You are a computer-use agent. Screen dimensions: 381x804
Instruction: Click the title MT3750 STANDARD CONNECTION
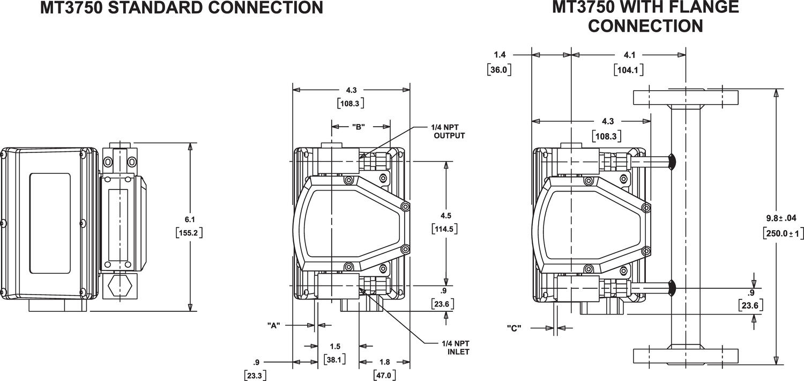point(182,8)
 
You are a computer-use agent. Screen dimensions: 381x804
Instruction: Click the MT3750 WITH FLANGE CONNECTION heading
point(645,16)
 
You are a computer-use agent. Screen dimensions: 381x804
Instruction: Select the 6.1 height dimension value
point(190,219)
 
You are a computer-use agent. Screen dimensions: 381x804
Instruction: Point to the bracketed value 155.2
point(190,233)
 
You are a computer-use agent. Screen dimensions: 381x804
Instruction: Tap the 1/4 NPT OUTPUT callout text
point(447,131)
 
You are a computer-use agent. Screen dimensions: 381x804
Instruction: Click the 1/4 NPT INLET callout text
point(456,347)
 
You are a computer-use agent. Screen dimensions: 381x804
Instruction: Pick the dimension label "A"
point(273,325)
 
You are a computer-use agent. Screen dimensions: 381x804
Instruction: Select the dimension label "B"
point(359,127)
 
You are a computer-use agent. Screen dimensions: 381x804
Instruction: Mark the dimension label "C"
point(513,328)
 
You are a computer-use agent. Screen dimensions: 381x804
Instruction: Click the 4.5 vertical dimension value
point(445,215)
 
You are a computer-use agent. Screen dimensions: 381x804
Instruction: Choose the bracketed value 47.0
point(384,375)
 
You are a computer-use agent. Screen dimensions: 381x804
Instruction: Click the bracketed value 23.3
point(255,375)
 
